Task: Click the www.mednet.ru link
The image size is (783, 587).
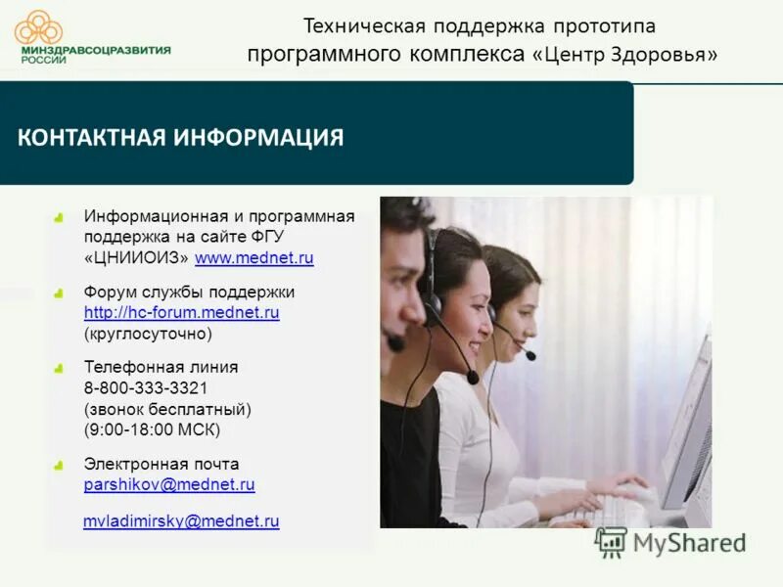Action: pyautogui.click(x=253, y=259)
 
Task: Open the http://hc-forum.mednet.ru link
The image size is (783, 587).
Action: pyautogui.click(x=182, y=313)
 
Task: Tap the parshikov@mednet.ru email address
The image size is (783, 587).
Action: pyautogui.click(x=169, y=485)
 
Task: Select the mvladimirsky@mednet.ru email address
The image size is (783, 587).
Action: pyautogui.click(x=181, y=522)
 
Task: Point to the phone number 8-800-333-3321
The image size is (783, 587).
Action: pyautogui.click(x=146, y=388)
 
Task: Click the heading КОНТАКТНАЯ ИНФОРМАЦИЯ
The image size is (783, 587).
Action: pyautogui.click(x=181, y=137)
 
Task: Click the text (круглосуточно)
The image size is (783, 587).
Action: pyautogui.click(x=148, y=335)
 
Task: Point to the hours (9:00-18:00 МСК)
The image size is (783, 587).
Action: pyautogui.click(x=152, y=430)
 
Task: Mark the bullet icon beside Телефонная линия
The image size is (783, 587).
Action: pyautogui.click(x=59, y=368)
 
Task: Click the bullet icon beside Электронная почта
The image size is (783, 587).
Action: pyautogui.click(x=59, y=465)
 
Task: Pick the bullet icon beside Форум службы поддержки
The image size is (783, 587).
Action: pyautogui.click(x=59, y=293)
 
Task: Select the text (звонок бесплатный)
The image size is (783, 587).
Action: pyautogui.click(x=167, y=410)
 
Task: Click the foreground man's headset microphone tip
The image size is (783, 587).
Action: pyautogui.click(x=395, y=343)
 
